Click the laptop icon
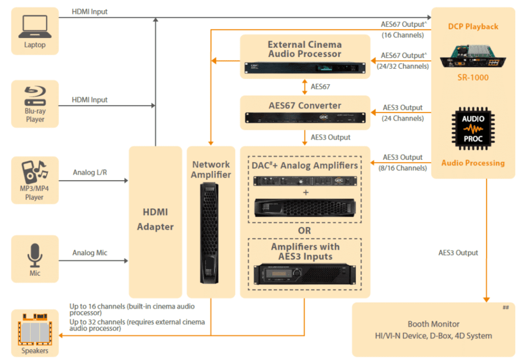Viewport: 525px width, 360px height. [x=35, y=26]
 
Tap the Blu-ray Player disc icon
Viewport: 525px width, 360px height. [x=35, y=94]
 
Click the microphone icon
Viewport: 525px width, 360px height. [x=35, y=255]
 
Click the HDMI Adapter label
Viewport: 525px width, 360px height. [x=155, y=219]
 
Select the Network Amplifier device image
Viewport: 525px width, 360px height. [x=211, y=233]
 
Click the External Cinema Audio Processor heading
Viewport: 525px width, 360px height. [x=305, y=49]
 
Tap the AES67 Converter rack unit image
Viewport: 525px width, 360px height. [x=305, y=118]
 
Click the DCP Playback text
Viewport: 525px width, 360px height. [x=473, y=26]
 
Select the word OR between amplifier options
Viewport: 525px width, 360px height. [x=305, y=230]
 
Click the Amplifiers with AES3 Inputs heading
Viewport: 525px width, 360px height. [x=305, y=251]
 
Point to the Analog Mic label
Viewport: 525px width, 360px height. [x=90, y=253]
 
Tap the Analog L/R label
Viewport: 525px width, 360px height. [x=89, y=172]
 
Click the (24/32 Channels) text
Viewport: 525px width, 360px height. [x=402, y=66]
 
